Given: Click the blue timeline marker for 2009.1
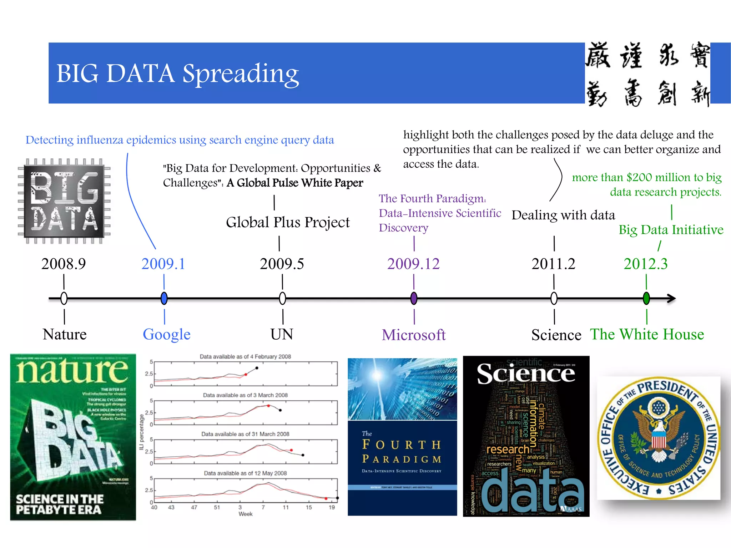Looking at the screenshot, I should point(164,298).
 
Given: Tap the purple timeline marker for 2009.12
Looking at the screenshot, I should point(414,298).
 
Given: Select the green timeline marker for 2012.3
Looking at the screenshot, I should point(646,298).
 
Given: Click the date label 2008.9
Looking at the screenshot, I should point(64,264).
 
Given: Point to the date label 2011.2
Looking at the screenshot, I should point(553,264).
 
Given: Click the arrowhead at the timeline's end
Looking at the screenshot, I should point(671,298).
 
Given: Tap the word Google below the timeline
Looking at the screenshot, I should point(167,335).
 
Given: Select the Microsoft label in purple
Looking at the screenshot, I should point(414,335).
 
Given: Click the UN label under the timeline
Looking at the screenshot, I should point(282,335).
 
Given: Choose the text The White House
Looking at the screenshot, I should point(647,335).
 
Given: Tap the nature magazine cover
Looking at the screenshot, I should point(73,437).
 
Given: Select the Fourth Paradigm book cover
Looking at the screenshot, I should point(402,437).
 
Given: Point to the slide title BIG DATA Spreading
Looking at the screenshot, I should point(177,73).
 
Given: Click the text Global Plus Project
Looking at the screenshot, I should point(288,223).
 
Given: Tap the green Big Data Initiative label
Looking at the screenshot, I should point(671,230).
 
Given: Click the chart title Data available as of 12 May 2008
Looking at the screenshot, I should point(245,473).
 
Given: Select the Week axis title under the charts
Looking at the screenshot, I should point(245,514).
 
